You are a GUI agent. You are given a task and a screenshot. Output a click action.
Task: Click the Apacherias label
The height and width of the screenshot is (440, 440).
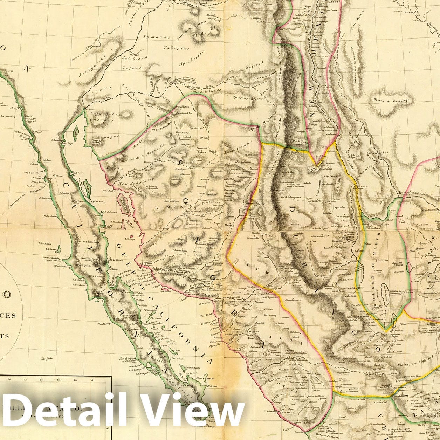click(191, 63)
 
